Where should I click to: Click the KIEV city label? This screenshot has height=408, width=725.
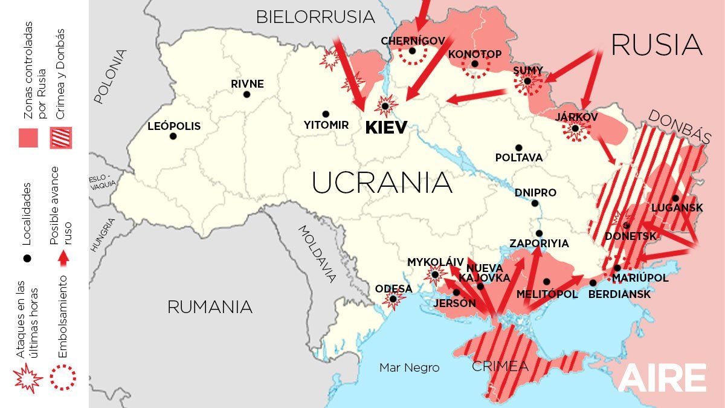386,128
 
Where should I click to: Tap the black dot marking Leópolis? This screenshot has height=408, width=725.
173,136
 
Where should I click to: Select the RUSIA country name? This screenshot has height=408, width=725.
657,45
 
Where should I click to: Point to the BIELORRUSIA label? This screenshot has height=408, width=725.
315,17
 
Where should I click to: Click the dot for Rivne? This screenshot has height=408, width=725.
246,94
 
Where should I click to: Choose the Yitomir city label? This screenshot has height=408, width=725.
326,125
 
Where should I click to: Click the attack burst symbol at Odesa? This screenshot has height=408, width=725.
393,299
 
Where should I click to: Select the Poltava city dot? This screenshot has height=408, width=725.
518,147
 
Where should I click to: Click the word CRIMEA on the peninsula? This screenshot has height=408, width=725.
500,366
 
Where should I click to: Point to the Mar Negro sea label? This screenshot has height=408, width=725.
409,368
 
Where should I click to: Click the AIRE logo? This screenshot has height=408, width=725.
662,378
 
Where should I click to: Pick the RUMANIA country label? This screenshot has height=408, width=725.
210,307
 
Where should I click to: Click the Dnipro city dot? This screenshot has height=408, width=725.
535,203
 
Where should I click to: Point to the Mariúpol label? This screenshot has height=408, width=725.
640,278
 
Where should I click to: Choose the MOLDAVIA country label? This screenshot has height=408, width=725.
317,253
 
